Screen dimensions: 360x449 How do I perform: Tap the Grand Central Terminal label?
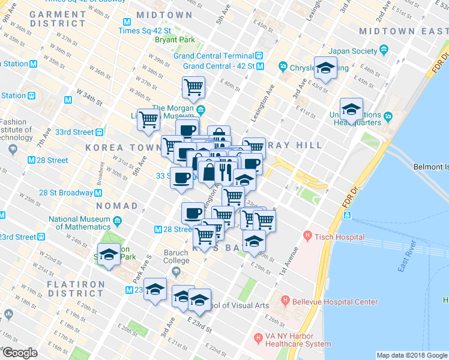coord(213,56)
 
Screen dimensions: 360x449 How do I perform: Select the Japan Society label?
coord(355,51)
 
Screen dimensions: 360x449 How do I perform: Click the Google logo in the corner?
coord(20,352)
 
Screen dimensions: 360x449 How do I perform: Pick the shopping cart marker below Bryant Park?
coord(193,87)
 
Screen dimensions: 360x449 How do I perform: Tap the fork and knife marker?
coord(226,171)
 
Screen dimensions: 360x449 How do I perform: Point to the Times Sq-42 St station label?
coord(146,31)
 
